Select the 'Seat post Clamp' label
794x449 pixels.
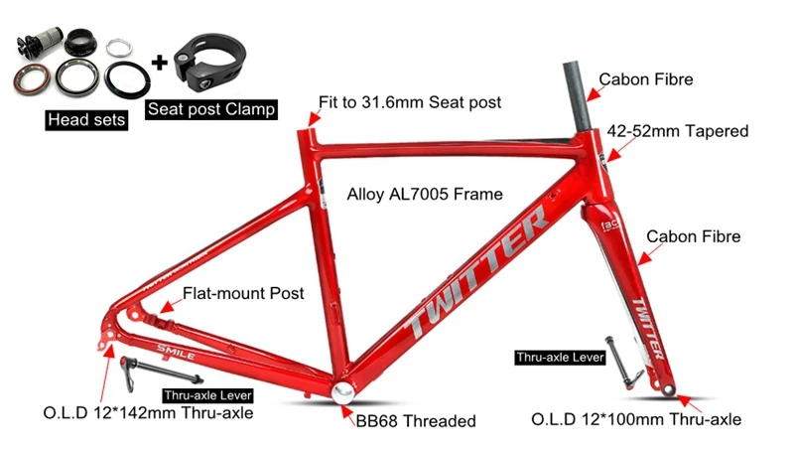[x=209, y=108]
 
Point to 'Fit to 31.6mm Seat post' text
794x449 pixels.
[x=410, y=102]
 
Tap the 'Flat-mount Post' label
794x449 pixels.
[x=243, y=294]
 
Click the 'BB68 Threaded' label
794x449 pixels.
[x=416, y=420]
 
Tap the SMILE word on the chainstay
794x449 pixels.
[x=176, y=353]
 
